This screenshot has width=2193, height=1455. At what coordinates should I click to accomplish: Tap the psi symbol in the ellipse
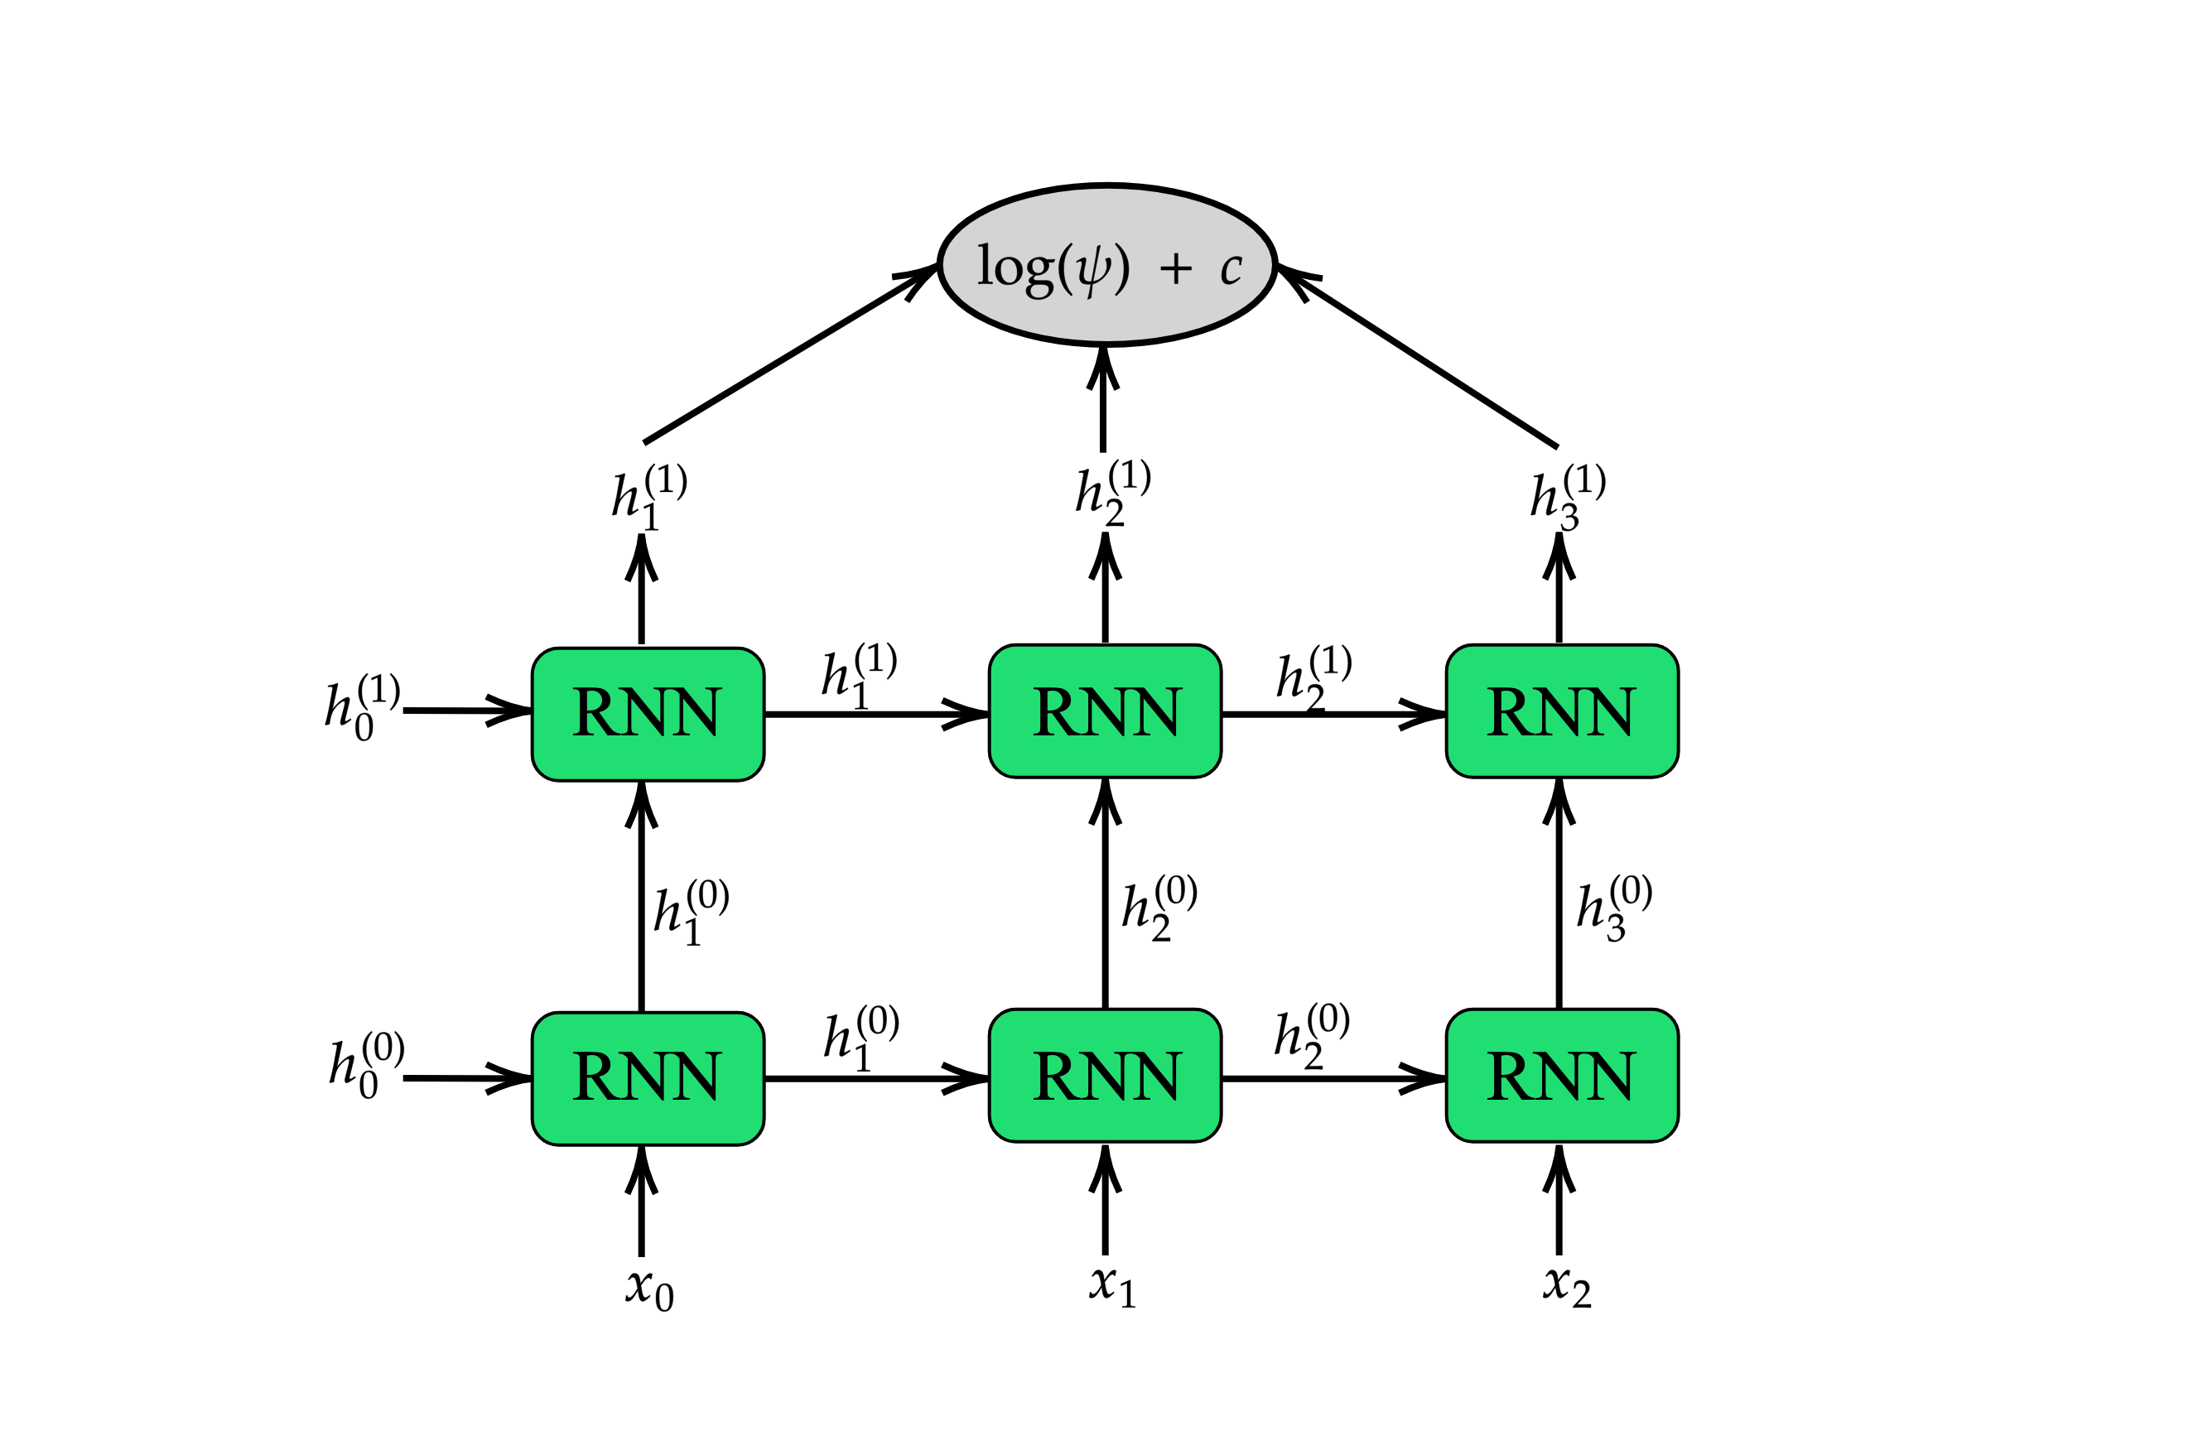(x=1093, y=270)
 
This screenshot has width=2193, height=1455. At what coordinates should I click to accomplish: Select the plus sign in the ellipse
(x=1176, y=268)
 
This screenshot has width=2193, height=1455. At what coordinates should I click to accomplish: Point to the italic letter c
(x=1231, y=269)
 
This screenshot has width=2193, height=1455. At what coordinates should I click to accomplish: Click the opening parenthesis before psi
(x=1065, y=269)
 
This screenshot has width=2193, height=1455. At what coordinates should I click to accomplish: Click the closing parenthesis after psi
(x=1122, y=269)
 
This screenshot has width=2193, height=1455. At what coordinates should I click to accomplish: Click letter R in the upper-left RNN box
(x=591, y=711)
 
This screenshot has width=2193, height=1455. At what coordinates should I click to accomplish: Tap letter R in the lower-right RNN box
(x=1506, y=1077)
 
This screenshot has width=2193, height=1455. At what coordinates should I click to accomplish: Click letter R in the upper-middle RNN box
(x=1052, y=711)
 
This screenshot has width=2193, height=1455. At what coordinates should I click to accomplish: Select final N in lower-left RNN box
(x=697, y=1077)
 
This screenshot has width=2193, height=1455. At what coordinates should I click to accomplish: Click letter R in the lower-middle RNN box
(x=1052, y=1077)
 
